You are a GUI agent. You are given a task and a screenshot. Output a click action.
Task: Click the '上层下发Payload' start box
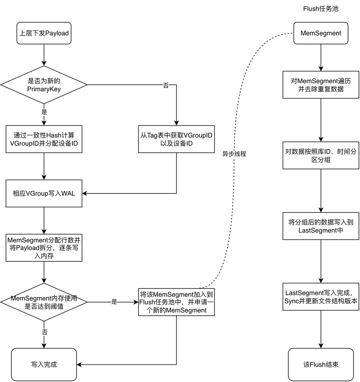(44, 33)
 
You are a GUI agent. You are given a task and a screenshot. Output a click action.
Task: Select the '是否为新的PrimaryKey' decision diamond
(44, 85)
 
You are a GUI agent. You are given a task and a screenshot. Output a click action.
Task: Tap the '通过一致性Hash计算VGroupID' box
(44, 139)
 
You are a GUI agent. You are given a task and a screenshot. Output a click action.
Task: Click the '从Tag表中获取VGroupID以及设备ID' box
(177, 139)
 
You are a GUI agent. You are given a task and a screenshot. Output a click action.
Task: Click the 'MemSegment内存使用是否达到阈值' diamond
(44, 302)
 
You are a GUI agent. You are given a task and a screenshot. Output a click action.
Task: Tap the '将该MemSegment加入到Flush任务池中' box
(177, 302)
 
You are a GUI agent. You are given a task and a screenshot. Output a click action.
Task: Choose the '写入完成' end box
(44, 364)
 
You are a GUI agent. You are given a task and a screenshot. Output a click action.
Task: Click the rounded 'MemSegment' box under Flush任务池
(320, 33)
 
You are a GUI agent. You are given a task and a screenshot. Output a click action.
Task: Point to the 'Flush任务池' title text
(320, 9)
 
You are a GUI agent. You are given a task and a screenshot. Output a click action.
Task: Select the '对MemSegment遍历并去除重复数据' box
(320, 85)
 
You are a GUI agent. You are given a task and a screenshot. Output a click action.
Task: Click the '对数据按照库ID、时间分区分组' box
(320, 155)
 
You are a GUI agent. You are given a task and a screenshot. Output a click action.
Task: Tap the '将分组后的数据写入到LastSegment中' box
(320, 226)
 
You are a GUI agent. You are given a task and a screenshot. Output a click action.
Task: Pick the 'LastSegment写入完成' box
(320, 297)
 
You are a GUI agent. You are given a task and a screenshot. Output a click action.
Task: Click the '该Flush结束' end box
(320, 364)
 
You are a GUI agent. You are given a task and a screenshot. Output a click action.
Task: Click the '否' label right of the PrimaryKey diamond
(165, 85)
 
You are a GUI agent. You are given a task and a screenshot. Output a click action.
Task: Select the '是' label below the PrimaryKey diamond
(44, 112)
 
